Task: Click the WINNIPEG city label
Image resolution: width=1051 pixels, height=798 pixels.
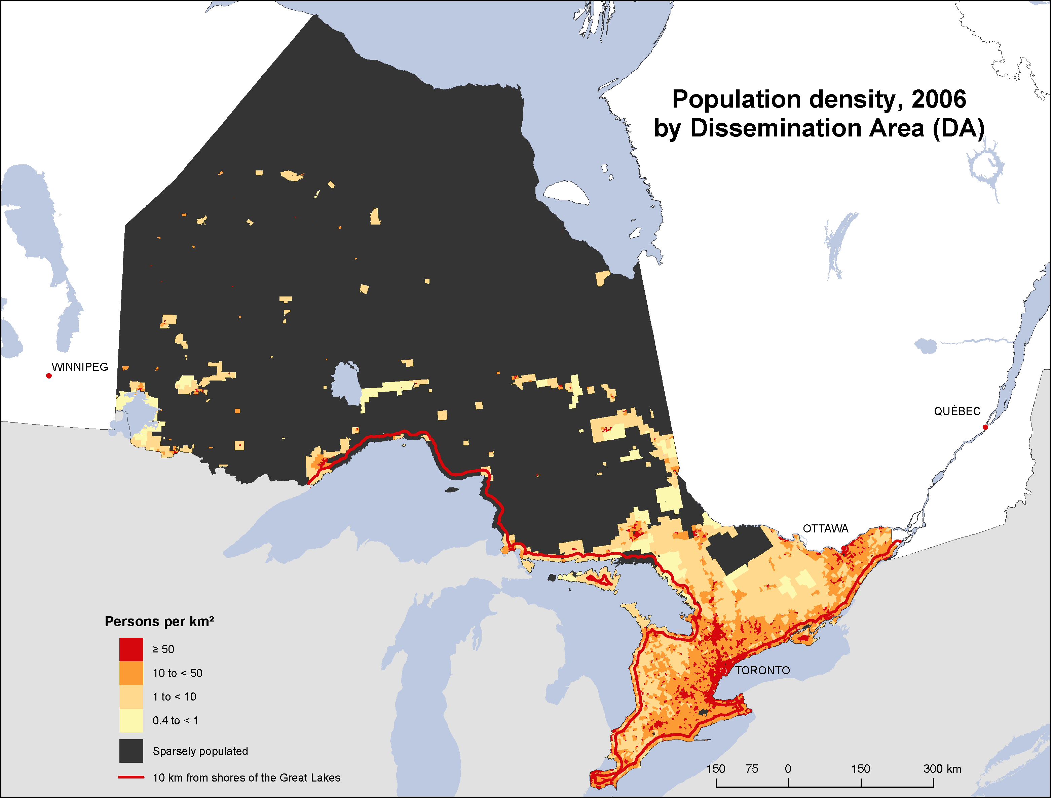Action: [80, 367]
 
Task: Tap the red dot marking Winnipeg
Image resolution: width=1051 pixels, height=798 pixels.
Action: [49, 376]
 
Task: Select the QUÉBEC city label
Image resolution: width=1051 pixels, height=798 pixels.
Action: [957, 411]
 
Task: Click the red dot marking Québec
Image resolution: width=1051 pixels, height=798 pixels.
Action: [985, 427]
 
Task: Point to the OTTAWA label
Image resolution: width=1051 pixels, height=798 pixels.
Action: [825, 529]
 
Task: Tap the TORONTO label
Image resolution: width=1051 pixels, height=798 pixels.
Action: [762, 671]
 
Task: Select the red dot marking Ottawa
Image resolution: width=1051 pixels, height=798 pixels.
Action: [844, 548]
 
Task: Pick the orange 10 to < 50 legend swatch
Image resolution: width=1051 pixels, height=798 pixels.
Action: [131, 673]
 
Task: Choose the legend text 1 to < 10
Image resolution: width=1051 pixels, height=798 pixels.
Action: [174, 697]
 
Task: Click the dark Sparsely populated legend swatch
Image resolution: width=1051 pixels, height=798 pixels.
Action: [131, 751]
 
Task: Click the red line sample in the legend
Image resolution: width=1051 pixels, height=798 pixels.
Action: [131, 777]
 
